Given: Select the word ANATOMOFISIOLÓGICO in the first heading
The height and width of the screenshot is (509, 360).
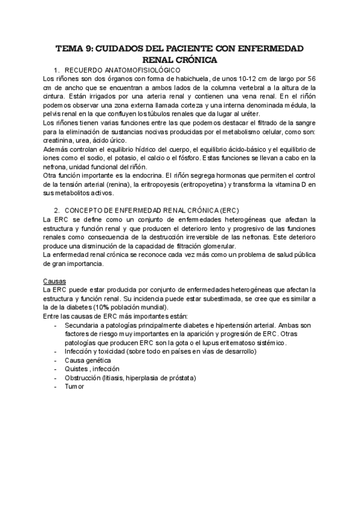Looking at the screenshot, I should click(130, 70).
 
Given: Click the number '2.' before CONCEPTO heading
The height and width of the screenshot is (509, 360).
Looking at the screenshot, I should click(56, 211).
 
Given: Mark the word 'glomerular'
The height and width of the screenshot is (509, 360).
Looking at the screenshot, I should click(218, 246).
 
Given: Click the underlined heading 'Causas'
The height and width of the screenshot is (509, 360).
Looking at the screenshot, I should click(54, 281).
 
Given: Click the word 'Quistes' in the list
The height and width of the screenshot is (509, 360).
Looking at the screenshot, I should click(77, 369).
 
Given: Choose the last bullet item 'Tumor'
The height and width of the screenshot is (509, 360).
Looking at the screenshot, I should click(74, 387).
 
